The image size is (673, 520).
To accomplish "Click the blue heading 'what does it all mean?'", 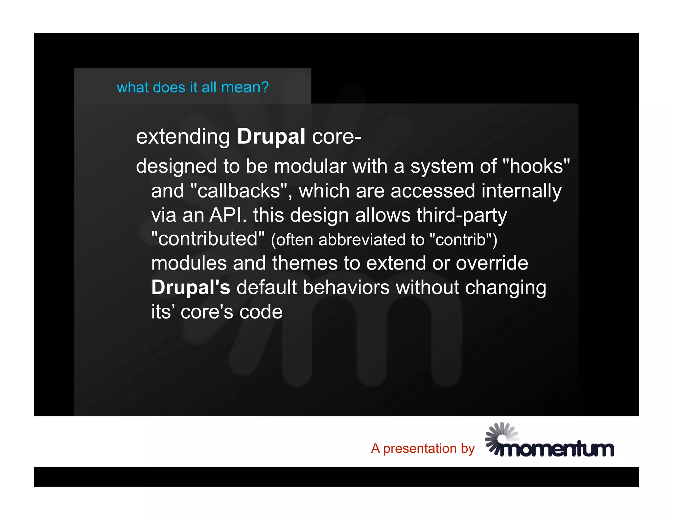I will [x=193, y=87].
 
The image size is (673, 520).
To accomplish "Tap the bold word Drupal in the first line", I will [x=271, y=136].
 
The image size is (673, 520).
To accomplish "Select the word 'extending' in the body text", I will [x=183, y=137].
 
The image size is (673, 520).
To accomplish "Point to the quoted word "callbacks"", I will [x=239, y=191].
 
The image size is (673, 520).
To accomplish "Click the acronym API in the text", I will [x=228, y=215].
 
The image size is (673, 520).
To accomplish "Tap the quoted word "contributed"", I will [x=208, y=239].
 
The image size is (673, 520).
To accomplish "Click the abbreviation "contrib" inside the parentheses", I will [x=461, y=240].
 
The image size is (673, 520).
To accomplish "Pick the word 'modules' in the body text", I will [x=189, y=263].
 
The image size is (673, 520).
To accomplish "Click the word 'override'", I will [x=492, y=263].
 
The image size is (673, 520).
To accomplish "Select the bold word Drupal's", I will [x=191, y=288].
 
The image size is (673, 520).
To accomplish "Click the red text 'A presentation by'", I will [x=423, y=448].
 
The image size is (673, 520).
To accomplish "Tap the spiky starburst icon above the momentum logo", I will [x=499, y=436].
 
